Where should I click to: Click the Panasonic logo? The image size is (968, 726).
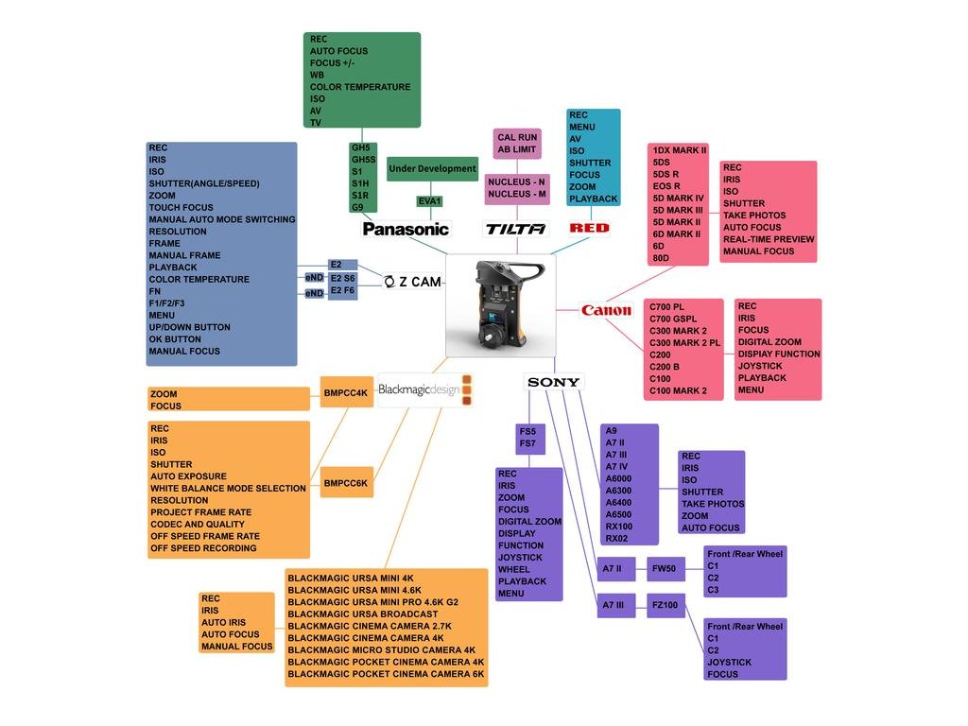coord(406,229)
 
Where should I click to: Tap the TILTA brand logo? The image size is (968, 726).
coord(515,229)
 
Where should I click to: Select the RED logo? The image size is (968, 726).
coord(590,228)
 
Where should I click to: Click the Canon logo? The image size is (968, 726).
coord(606,310)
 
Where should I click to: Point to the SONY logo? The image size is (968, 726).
coord(554,382)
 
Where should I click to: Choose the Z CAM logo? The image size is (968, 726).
coord(413,282)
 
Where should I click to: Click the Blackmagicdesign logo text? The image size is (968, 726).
coord(419,389)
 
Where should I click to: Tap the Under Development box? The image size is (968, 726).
coord(432,169)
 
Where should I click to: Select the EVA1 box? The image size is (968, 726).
coord(430,200)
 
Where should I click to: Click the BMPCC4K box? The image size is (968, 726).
coord(346,393)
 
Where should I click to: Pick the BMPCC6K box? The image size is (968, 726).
coord(346,483)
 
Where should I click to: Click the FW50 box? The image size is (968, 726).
coord(665,569)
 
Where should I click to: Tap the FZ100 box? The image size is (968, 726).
coord(665,606)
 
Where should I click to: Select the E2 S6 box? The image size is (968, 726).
coord(342,278)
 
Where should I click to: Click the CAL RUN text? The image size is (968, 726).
coord(517,137)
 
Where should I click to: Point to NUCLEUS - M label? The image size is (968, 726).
coord(517,194)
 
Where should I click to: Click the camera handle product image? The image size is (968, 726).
coord(500,304)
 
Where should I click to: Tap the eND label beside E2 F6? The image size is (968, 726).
coord(314,294)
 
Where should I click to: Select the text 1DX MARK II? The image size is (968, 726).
coord(680,150)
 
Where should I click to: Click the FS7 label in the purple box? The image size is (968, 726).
coord(527,443)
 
